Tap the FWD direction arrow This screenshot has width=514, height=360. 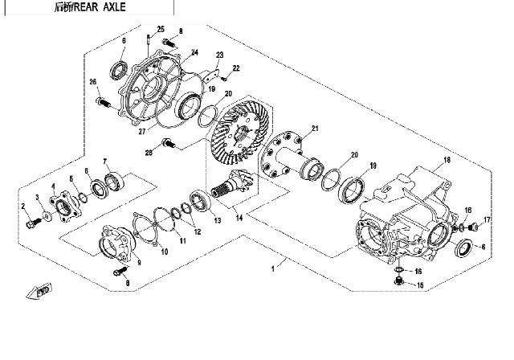(39, 292)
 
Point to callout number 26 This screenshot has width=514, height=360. (93, 82)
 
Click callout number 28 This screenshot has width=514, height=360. (149, 153)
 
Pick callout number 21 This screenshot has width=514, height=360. (316, 129)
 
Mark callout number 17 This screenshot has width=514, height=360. (487, 219)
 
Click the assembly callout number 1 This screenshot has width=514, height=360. (275, 266)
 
